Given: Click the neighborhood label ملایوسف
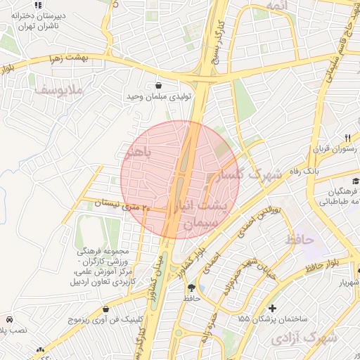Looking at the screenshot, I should [60, 90].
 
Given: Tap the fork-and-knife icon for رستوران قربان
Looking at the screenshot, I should [347, 137].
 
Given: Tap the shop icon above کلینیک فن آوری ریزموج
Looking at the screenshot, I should [105, 308].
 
